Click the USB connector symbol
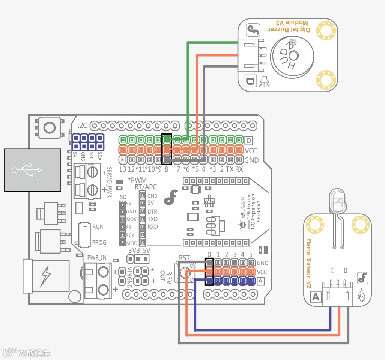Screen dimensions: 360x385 pos(26,170)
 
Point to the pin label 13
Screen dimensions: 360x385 pos(122,169)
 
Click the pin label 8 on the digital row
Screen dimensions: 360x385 pos(166,169)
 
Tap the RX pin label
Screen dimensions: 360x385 pos(239,169)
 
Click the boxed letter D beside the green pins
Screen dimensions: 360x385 pos(250,141)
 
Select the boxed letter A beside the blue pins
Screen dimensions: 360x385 pos(260,280)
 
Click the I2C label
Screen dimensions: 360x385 pos(82,125)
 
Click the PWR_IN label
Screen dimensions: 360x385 pos(97,258)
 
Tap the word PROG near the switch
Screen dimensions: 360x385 pos(99,243)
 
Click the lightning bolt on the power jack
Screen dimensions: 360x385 pos(46,275)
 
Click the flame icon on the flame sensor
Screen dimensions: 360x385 pos(362,296)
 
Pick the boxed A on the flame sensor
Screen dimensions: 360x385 pos(316,297)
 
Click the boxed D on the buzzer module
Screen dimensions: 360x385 pos(250,80)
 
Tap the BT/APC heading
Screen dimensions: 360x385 pos(146,187)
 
